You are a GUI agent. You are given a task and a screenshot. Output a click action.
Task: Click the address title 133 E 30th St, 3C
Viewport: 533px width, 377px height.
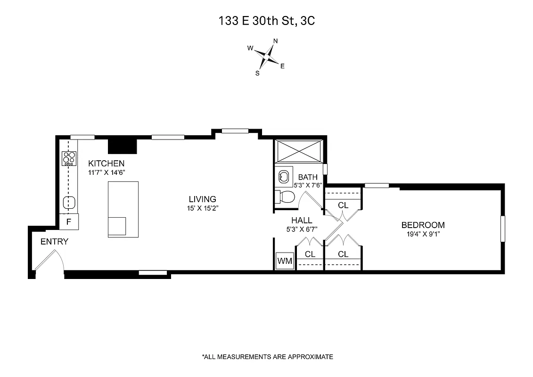pos(266,20)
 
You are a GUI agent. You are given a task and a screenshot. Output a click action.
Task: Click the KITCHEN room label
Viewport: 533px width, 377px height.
pos(107,164)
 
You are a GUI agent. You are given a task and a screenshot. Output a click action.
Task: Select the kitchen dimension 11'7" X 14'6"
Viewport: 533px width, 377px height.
pos(107,172)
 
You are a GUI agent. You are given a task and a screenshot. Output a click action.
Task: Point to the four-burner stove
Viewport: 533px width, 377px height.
pos(69,158)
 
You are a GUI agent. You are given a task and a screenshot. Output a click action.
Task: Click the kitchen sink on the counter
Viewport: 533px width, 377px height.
pos(69,203)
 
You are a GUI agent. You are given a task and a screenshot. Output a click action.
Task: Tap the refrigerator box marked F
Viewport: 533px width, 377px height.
pos(69,221)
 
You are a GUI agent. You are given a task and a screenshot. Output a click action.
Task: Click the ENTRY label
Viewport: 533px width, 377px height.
pos(54,242)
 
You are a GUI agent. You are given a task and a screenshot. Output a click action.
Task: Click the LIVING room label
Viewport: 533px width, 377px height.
pos(202,199)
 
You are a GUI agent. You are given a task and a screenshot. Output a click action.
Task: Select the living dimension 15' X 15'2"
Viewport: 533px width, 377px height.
pos(202,208)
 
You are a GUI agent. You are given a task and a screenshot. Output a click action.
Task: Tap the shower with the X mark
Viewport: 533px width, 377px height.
pos(299,151)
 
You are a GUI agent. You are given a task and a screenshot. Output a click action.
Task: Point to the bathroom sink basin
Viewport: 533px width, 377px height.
pos(283,177)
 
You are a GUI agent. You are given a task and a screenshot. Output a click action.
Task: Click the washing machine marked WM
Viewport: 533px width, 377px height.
pos(285,261)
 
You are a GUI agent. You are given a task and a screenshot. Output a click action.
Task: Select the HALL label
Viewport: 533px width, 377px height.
pos(302,220)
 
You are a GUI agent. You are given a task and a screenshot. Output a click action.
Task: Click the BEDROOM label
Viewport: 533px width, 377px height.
pos(423,225)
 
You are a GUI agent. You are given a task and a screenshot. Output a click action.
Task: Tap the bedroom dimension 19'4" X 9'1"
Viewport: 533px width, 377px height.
pos(423,234)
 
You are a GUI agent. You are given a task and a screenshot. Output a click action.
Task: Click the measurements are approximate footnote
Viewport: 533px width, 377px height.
pos(267,357)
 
